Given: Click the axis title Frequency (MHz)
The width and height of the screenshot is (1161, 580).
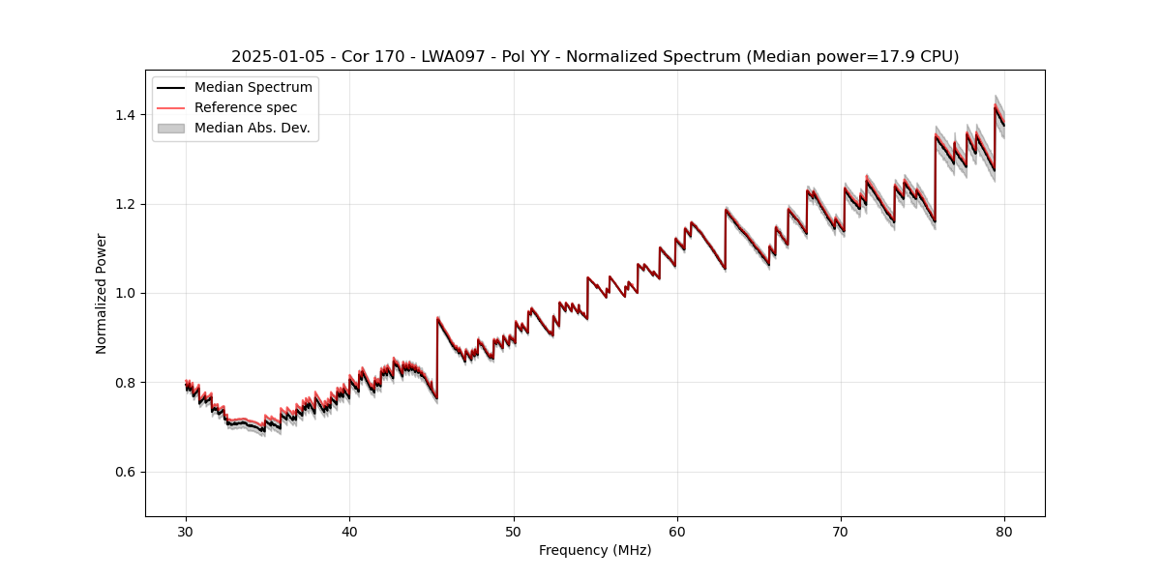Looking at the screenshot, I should [x=595, y=550].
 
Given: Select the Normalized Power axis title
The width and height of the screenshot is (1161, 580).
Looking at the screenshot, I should [x=102, y=293].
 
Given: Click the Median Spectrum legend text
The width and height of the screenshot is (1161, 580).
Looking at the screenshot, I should [x=253, y=88].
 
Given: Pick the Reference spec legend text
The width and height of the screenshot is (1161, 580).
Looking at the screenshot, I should [x=246, y=107].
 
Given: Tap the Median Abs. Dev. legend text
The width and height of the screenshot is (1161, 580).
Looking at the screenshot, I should [x=252, y=128].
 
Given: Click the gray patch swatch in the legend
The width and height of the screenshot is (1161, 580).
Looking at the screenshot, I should [x=171, y=128].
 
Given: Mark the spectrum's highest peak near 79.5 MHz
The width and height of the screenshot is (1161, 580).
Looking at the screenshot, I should [x=995, y=106].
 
